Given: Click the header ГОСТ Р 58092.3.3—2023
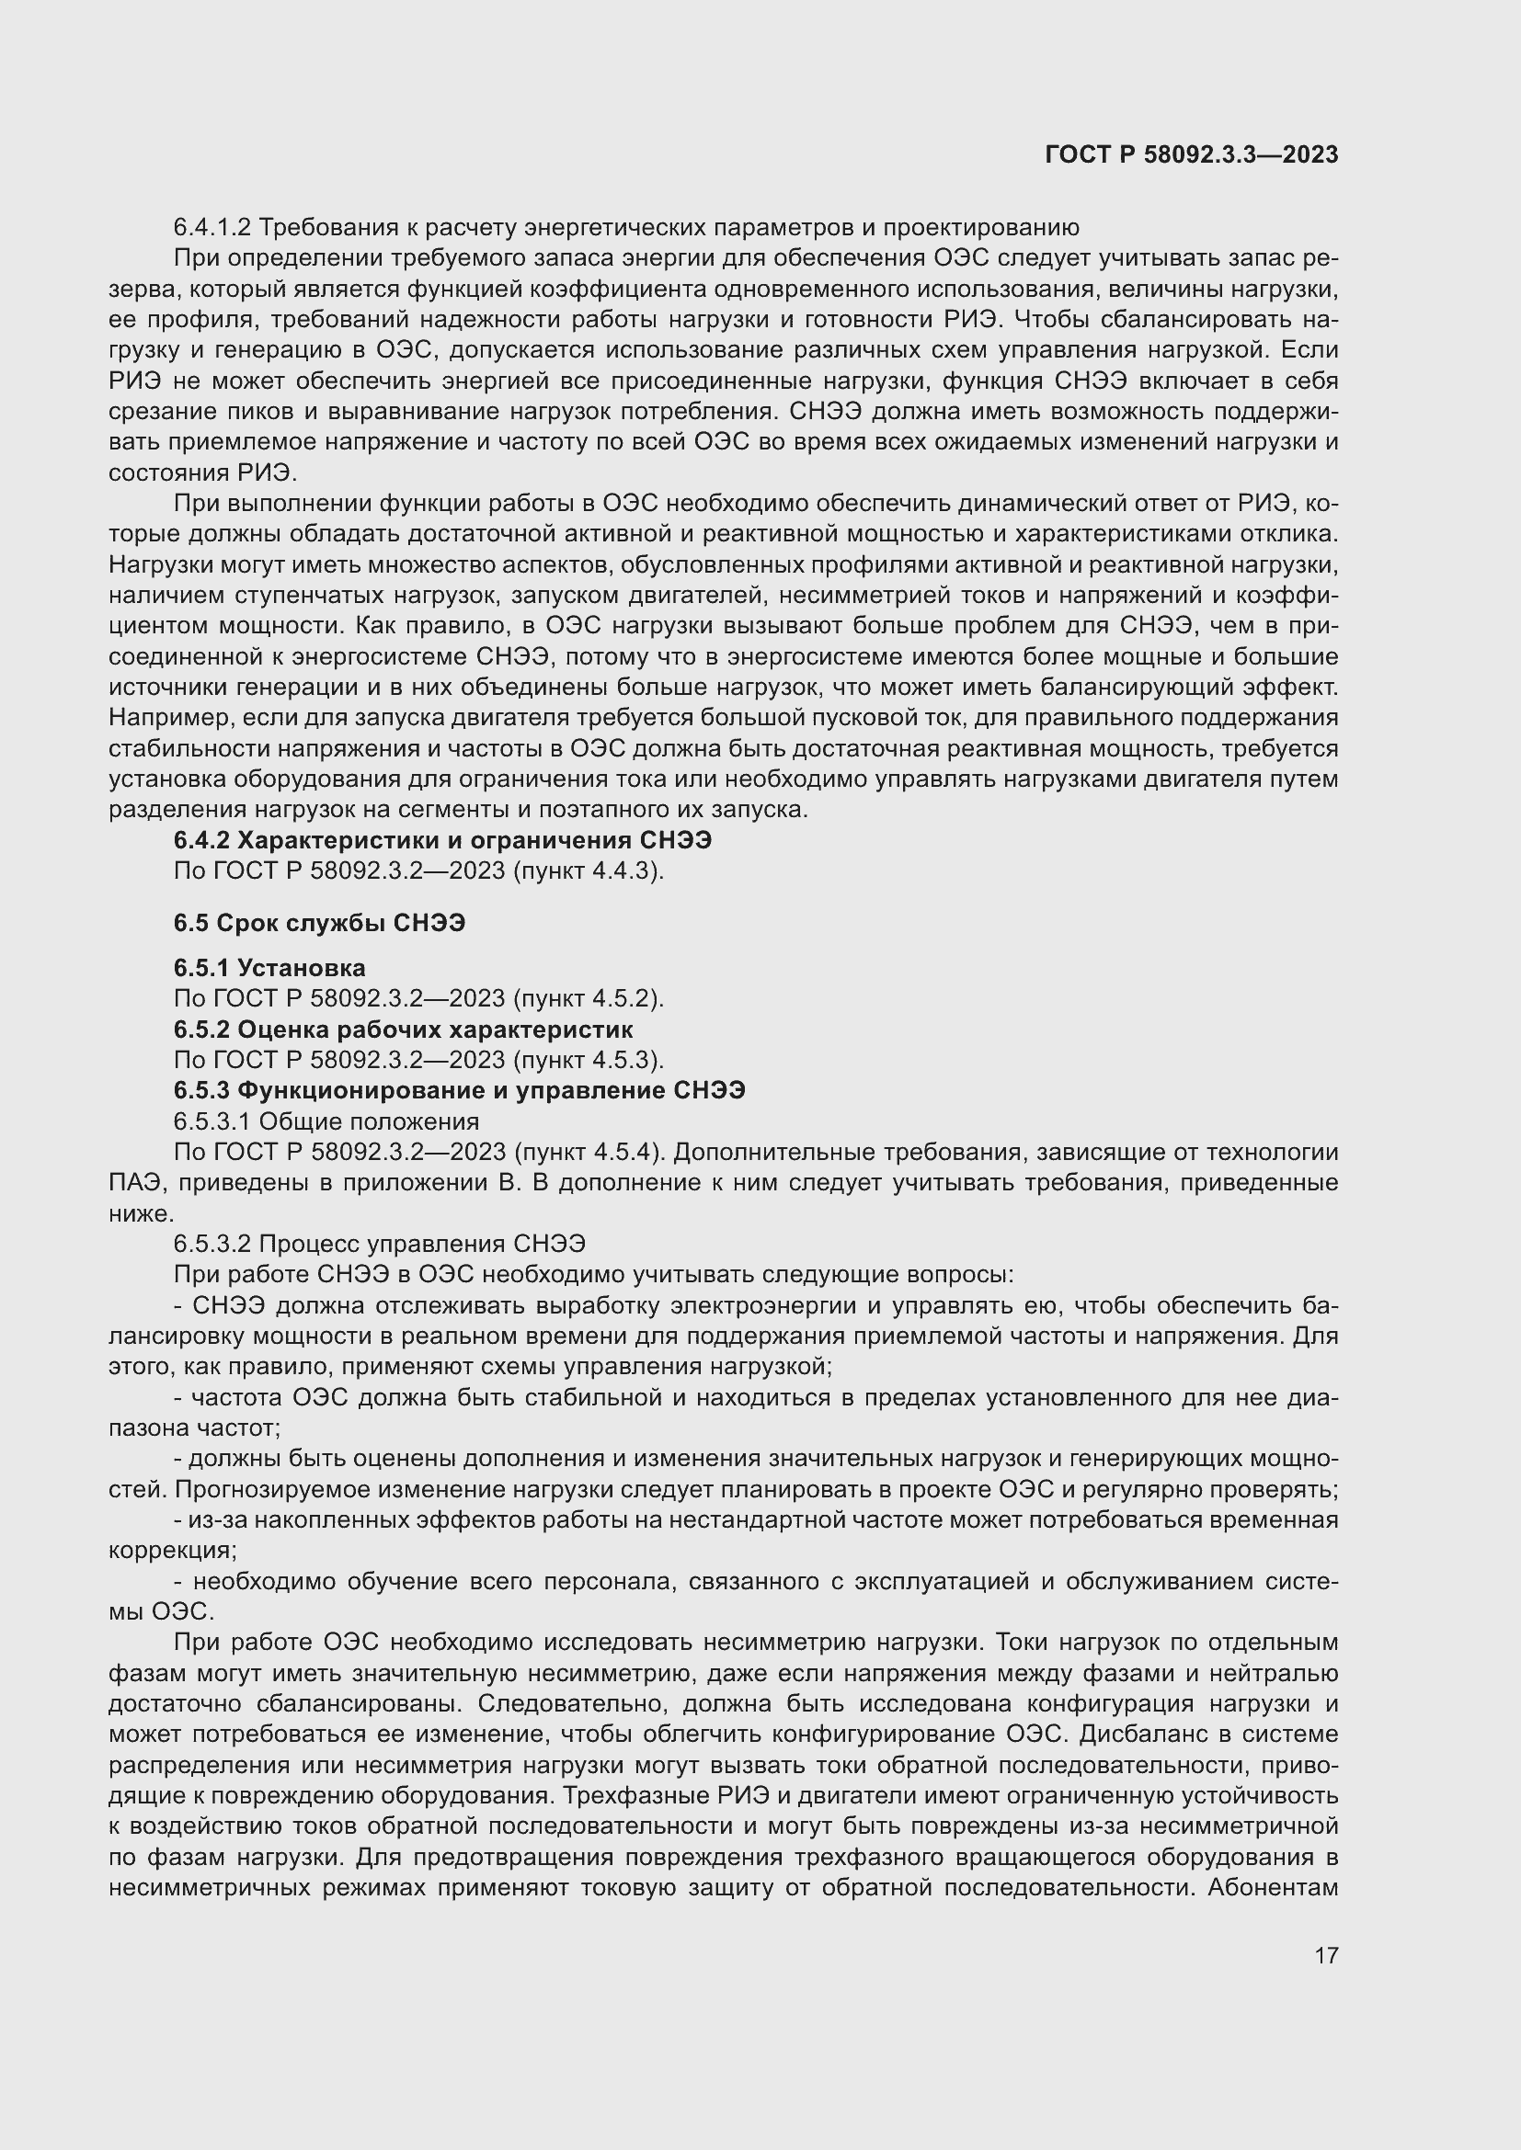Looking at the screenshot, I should tap(1191, 155).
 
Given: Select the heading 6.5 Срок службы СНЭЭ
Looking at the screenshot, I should tap(319, 923).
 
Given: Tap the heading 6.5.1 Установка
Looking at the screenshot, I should tap(269, 967).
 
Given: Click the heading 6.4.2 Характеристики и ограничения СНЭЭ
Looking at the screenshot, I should tap(442, 840).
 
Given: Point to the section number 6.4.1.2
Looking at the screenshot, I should tap(212, 228).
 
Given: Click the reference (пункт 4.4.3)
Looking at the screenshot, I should tap(589, 870).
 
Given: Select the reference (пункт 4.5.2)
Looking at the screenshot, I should tap(589, 998).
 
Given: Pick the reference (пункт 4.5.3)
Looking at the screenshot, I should tap(589, 1060).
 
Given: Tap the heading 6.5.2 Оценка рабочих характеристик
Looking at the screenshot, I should tap(404, 1029).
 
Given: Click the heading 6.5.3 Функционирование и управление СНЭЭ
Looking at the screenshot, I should tap(460, 1090).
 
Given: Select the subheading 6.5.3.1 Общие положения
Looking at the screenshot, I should tap(326, 1121).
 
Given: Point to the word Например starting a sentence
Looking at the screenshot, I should tap(171, 718).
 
